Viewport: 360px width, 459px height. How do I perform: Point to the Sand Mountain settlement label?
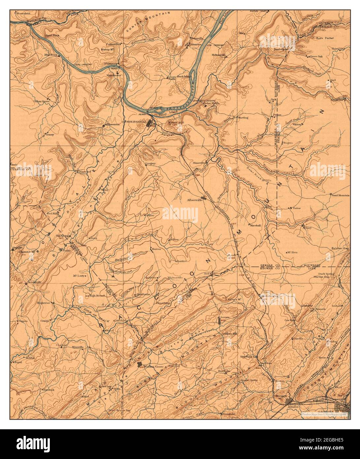(341, 195)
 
